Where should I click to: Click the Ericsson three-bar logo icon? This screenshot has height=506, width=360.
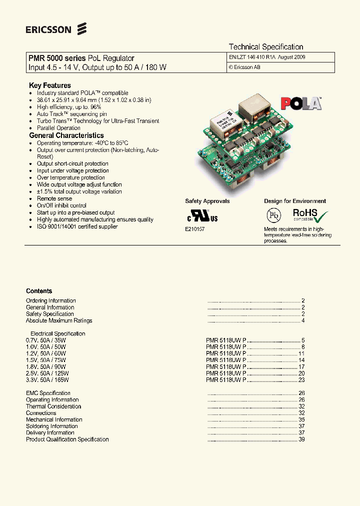tap(82, 29)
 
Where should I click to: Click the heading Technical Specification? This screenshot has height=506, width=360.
tap(266, 46)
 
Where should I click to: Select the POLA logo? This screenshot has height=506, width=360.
tap(300, 103)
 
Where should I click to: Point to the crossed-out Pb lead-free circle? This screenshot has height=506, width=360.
tap(273, 215)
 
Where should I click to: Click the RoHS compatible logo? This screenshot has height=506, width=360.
tap(310, 215)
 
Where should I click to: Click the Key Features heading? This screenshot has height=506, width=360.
tap(50, 85)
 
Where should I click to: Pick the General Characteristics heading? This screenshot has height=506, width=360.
tap(66, 135)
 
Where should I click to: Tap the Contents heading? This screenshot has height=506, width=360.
tap(39, 291)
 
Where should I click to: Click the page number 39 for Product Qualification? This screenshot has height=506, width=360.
tap(301, 439)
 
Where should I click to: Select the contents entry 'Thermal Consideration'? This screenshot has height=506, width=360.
tap(53, 406)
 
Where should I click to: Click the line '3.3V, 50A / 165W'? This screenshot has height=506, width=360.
tap(46, 380)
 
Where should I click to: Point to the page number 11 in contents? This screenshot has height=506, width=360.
tap(301, 353)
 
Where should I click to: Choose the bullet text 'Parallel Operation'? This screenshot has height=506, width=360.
tap(58, 128)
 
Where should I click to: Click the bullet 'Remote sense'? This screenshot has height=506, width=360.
tap(54, 198)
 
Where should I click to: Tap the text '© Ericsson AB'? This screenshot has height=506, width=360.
tap(244, 67)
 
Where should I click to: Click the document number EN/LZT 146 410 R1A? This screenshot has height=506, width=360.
tap(249, 57)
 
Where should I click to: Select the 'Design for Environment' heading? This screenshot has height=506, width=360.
tap(295, 201)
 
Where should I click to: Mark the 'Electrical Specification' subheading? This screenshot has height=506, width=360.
tap(57, 333)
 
